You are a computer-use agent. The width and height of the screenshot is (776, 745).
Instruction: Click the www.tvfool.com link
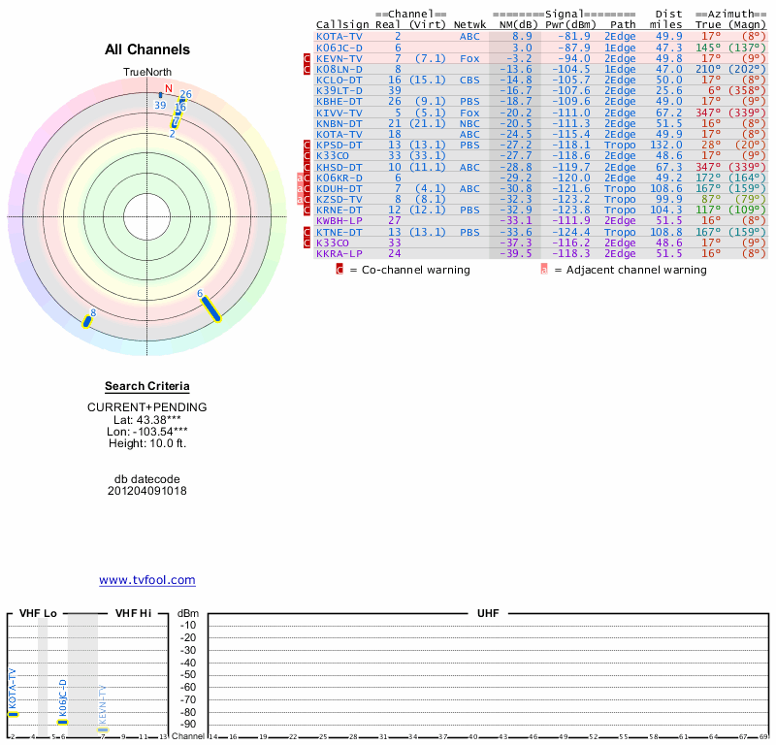tap(147, 580)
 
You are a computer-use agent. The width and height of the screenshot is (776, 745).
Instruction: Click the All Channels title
tap(147, 49)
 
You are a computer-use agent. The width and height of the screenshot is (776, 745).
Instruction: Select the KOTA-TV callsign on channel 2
tap(339, 36)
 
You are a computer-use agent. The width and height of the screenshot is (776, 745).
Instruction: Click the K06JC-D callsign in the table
tap(339, 47)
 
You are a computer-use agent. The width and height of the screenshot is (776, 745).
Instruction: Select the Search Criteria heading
tap(147, 386)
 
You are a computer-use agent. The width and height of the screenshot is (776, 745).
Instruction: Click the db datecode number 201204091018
tap(147, 491)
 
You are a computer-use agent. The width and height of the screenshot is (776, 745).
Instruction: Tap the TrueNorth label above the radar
tap(147, 73)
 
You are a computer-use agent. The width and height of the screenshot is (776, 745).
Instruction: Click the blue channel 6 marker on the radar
tap(210, 308)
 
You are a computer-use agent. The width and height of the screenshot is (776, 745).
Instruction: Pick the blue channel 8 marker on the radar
tap(87, 321)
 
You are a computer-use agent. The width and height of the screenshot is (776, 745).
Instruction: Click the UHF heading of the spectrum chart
tap(487, 614)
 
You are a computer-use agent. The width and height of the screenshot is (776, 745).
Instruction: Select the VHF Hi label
tap(133, 614)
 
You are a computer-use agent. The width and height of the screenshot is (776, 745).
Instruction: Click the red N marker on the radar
tap(169, 89)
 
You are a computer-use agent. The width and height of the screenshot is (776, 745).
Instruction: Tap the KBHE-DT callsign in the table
tap(339, 101)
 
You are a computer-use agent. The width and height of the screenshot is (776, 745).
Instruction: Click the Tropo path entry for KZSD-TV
tap(620, 199)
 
